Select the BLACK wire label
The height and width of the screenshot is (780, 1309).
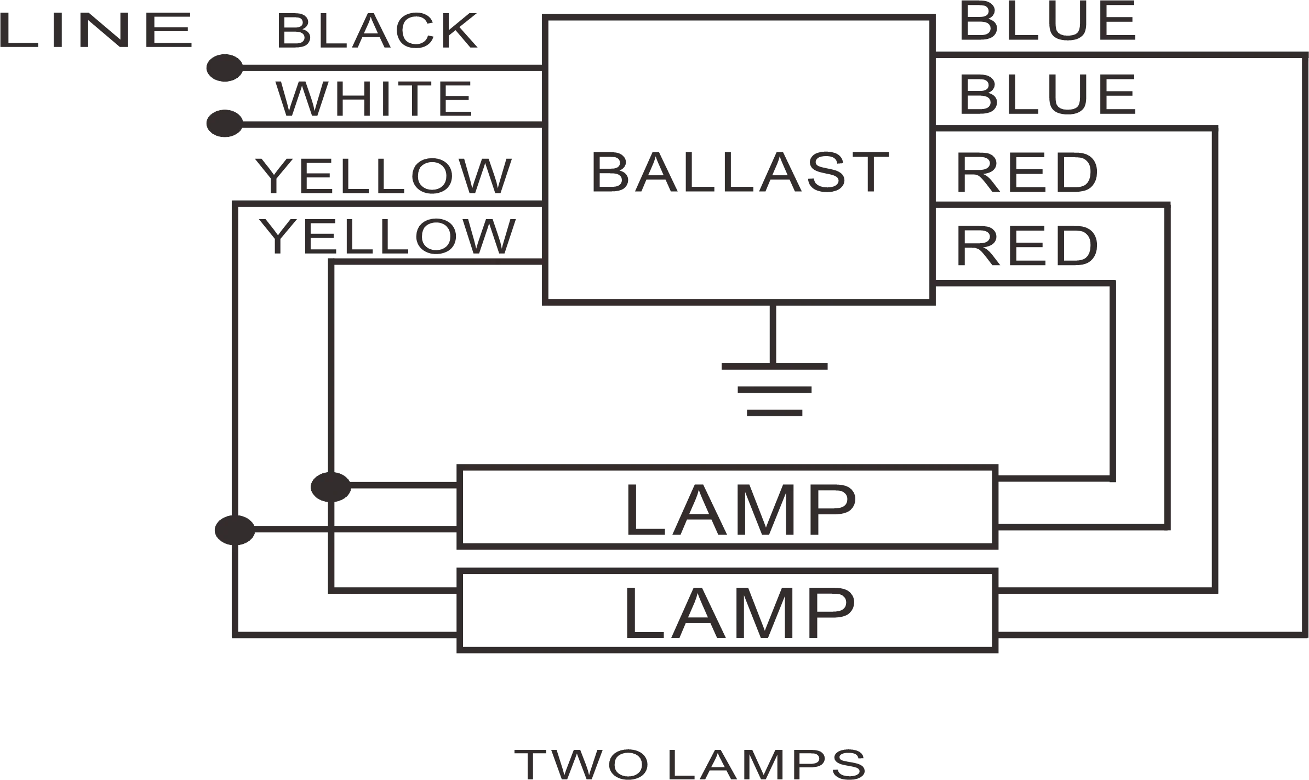click(x=377, y=31)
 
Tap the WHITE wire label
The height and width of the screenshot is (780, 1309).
click(x=374, y=99)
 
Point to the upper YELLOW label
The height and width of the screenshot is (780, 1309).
click(x=384, y=176)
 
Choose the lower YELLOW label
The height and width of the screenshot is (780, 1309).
click(x=387, y=236)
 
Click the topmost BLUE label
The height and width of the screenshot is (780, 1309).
click(x=1048, y=22)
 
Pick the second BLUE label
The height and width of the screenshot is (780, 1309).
click(x=1048, y=95)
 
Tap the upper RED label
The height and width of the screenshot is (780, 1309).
click(x=1027, y=173)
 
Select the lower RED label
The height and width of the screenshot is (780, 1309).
click(x=1027, y=246)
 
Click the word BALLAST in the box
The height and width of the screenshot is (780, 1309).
click(x=740, y=173)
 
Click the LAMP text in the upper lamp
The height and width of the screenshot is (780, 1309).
click(x=741, y=510)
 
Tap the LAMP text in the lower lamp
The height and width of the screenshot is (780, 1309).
click(x=740, y=613)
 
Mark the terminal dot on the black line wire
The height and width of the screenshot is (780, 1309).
click(x=225, y=68)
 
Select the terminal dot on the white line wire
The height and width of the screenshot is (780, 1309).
click(x=225, y=123)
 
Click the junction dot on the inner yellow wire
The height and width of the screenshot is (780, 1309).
click(x=330, y=486)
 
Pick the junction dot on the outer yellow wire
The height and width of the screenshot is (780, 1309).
click(x=235, y=530)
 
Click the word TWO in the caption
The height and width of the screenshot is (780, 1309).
click(x=581, y=763)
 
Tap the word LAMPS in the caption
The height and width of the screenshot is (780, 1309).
click(x=767, y=763)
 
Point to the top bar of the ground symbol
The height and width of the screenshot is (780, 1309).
click(x=774, y=366)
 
